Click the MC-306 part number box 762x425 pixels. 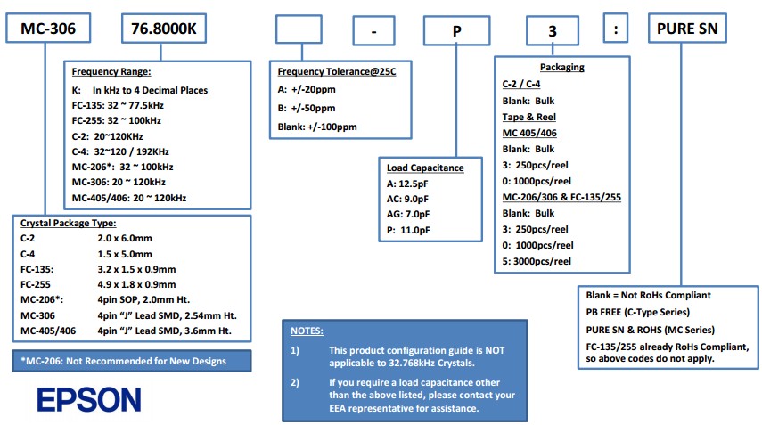tap(48, 31)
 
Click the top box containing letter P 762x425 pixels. tap(455, 31)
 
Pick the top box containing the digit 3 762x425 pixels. tap(552, 31)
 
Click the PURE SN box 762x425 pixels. tap(686, 31)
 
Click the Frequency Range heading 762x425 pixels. tap(111, 71)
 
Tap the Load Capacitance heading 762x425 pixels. tap(425, 167)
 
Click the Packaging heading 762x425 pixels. tap(561, 68)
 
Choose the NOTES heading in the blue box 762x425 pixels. tap(309, 331)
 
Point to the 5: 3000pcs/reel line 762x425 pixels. tap(537, 261)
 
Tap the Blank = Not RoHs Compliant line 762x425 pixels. tap(648, 296)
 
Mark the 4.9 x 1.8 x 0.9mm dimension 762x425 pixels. tap(136, 285)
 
